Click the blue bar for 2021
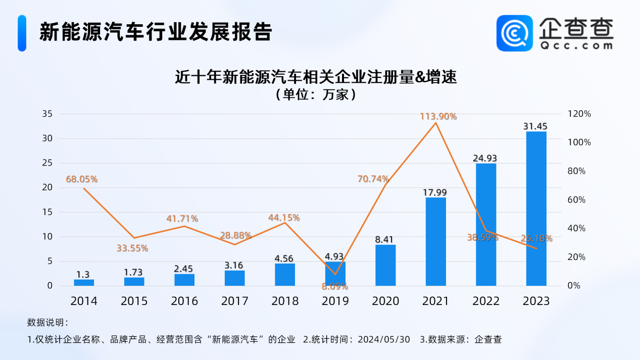[435, 241]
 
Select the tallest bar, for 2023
[536, 208]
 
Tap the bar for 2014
[84, 282]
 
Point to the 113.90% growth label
[438, 117]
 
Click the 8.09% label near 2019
[335, 286]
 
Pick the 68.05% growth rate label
[81, 179]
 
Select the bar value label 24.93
[485, 158]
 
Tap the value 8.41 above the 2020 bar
[385, 239]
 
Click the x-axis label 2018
[285, 301]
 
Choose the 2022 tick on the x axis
[486, 301]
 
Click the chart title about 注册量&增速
[315, 78]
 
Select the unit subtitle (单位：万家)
[315, 94]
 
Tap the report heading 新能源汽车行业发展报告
[156, 31]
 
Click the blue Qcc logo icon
[514, 33]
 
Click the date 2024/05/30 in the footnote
[383, 339]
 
